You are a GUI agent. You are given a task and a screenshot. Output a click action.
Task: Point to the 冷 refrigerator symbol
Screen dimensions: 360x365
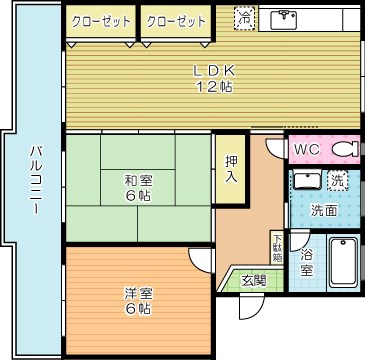click(x=244, y=18)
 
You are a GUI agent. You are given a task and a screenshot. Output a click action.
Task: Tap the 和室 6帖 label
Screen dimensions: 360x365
click(x=138, y=187)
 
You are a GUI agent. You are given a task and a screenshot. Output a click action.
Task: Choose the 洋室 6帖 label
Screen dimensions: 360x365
click(x=138, y=300)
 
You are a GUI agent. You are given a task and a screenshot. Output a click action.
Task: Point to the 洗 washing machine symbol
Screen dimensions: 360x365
click(x=337, y=181)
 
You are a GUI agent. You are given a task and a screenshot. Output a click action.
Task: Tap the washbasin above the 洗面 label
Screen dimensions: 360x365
click(x=305, y=181)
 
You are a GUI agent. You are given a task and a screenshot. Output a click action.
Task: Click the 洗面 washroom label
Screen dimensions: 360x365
click(x=322, y=210)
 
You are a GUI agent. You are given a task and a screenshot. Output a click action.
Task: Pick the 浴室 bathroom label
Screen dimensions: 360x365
click(x=306, y=262)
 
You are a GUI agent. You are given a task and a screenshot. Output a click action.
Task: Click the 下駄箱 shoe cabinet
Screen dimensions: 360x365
click(x=276, y=247)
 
